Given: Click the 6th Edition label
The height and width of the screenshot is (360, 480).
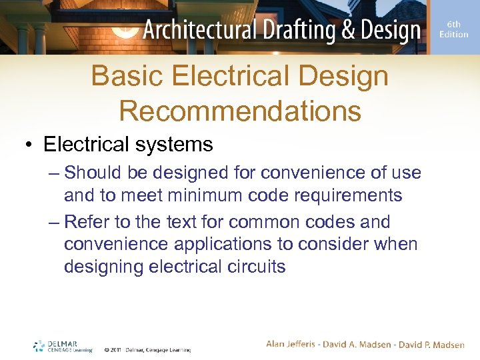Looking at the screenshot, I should pos(453,29).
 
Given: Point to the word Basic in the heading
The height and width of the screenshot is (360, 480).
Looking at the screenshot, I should pos(127,76).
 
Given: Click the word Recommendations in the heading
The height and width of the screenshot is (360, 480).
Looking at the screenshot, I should pos(240,111).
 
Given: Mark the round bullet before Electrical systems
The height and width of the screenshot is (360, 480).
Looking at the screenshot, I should pos(29,145).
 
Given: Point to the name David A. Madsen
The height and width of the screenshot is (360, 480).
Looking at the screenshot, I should pos(359,344).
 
